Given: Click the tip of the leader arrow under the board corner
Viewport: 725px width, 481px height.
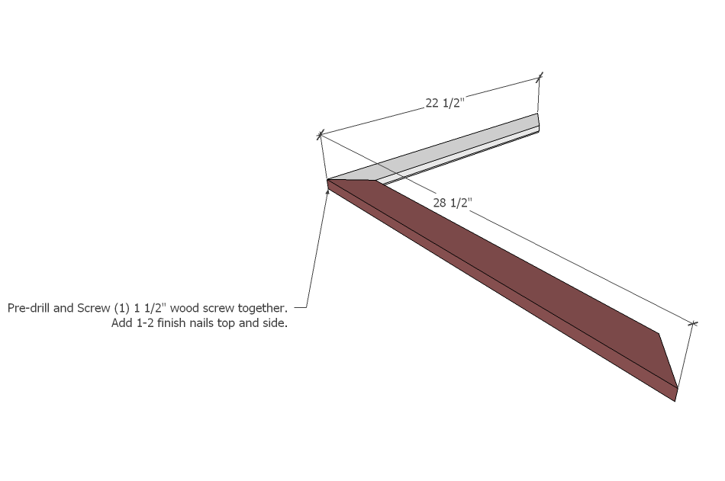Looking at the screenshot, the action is (x=328, y=190).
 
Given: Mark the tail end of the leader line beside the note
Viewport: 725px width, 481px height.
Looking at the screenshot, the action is (x=295, y=306).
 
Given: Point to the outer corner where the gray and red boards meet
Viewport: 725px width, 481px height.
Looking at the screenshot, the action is (x=327, y=180).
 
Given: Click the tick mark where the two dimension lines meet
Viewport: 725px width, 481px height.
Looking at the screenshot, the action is (x=320, y=135).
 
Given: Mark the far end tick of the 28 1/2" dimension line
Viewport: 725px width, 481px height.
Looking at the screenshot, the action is (x=693, y=324).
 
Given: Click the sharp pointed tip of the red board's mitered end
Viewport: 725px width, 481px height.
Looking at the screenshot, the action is (x=678, y=388).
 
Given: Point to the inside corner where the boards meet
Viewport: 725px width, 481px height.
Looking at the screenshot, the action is (x=377, y=181).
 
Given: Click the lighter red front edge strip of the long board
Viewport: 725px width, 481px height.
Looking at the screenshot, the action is (x=501, y=291).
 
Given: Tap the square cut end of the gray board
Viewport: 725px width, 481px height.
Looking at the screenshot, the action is (x=538, y=123).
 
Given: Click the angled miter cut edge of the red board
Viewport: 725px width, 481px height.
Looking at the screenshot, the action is (x=668, y=361).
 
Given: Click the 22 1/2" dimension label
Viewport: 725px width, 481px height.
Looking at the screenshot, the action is (x=444, y=103).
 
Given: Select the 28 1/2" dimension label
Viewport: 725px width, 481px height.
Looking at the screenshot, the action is (x=453, y=202).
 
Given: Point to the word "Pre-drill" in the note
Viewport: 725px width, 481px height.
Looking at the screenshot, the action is (x=29, y=308).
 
